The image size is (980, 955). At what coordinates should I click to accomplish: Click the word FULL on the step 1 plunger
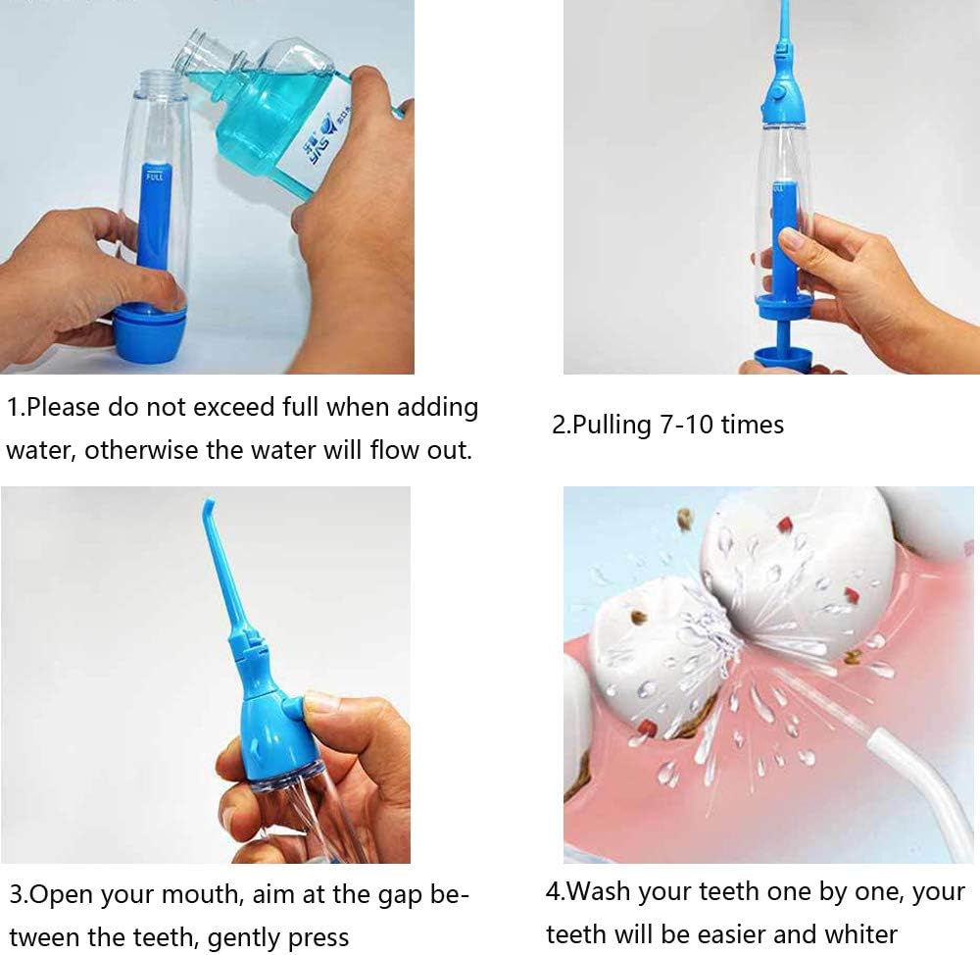coord(155,176)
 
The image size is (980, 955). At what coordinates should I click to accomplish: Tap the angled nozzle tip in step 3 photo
coord(209,508)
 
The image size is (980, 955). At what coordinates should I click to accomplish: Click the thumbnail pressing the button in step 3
coord(321,702)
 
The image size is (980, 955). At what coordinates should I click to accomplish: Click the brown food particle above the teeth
coord(686,519)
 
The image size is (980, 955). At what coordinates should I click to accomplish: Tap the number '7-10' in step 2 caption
coord(686,425)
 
